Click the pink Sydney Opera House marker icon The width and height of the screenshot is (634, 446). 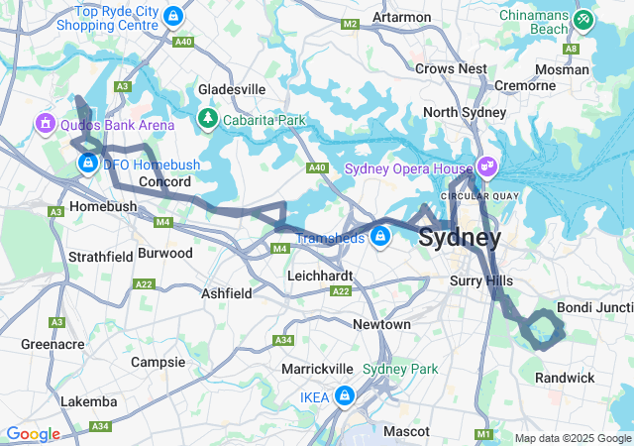click(x=486, y=165)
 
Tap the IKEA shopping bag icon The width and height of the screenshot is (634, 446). click(x=344, y=395)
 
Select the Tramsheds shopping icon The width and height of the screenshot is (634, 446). click(x=380, y=235)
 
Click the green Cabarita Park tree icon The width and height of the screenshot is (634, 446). click(x=207, y=119)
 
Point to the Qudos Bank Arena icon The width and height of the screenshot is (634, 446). click(x=45, y=124)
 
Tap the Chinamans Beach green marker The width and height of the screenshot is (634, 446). click(x=584, y=18)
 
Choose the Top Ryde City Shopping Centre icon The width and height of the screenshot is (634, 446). click(x=174, y=16)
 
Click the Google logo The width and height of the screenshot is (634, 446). click(x=33, y=434)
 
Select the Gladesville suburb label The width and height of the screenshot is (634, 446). click(x=232, y=89)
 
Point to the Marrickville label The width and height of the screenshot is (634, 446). click(x=318, y=368)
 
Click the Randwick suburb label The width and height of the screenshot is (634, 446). click(x=565, y=378)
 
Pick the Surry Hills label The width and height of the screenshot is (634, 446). click(x=481, y=281)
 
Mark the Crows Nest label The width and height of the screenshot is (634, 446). click(x=451, y=68)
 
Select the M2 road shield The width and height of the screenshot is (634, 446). click(x=349, y=24)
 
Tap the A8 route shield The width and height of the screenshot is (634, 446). click(x=571, y=48)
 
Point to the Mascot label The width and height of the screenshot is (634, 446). click(x=407, y=431)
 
